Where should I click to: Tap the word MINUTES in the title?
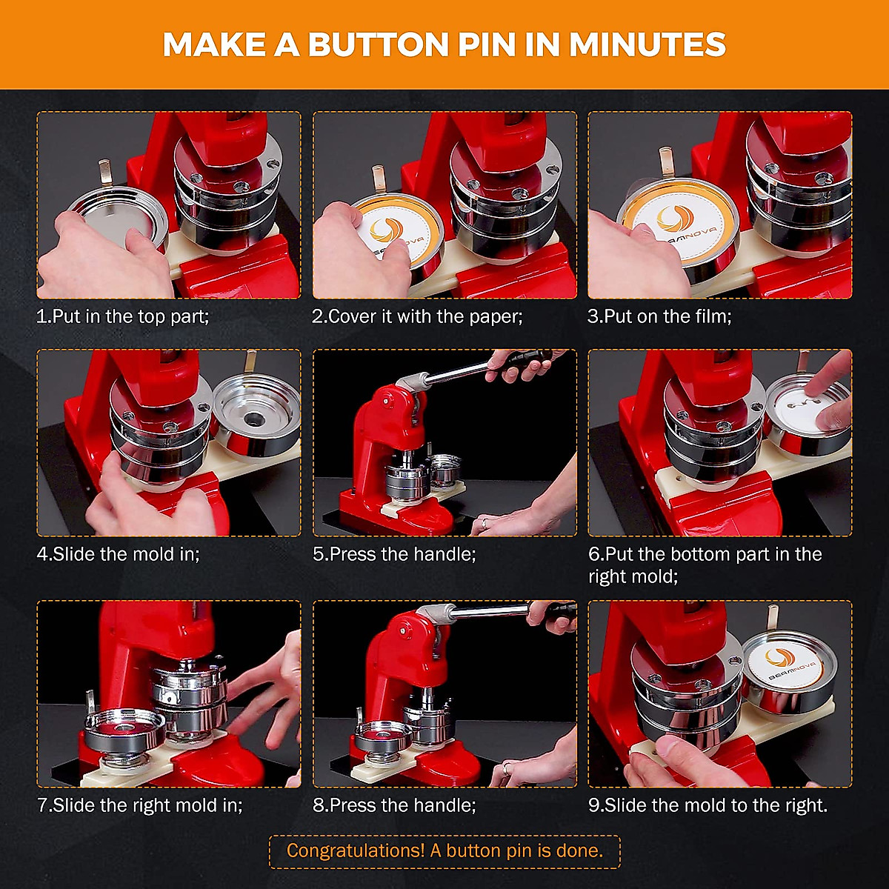[x=647, y=44]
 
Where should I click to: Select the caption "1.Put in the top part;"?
[x=123, y=316]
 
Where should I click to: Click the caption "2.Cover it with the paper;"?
[x=417, y=316]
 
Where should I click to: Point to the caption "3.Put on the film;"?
[x=659, y=316]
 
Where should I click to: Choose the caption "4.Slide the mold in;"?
[x=119, y=553]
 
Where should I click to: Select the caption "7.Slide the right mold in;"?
[x=139, y=805]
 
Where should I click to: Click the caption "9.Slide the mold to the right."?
[x=707, y=805]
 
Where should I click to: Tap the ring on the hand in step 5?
[x=484, y=523]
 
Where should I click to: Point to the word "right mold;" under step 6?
[x=633, y=576]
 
